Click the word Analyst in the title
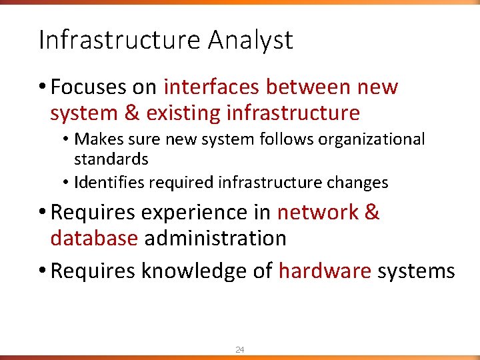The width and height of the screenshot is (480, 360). (250, 41)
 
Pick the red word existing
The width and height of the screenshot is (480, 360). (183, 113)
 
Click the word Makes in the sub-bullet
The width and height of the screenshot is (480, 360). (95, 139)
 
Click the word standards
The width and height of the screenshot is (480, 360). (111, 159)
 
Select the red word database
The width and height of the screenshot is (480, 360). (94, 238)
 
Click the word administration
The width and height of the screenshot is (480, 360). (215, 238)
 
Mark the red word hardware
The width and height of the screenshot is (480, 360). (325, 271)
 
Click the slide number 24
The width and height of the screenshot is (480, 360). (240, 349)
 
